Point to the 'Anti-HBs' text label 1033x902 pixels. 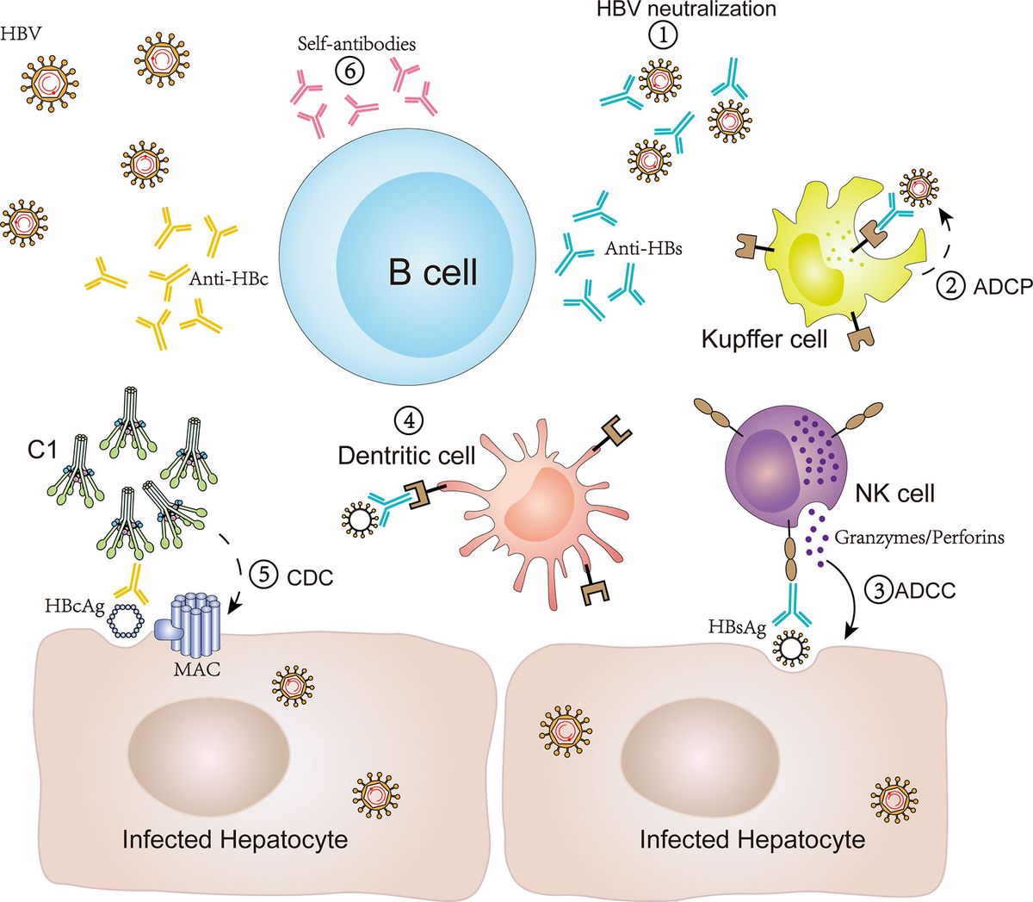click(x=633, y=250)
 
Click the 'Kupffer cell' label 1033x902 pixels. click(x=764, y=338)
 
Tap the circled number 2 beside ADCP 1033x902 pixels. click(x=951, y=286)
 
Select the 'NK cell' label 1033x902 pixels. click(x=894, y=494)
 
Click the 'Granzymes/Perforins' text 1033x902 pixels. click(x=919, y=538)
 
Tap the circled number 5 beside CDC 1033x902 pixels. click(x=263, y=575)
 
